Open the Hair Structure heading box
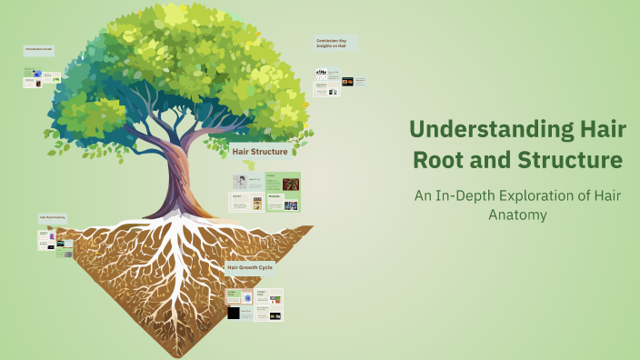pyautogui.click(x=260, y=152)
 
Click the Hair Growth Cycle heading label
pyautogui.click(x=249, y=267)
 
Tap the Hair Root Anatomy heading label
pyautogui.click(x=51, y=218)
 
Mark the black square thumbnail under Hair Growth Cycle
pyautogui.click(x=235, y=313)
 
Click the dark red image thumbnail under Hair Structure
pyautogui.click(x=290, y=184)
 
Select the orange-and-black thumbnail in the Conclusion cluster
pyautogui.click(x=348, y=82)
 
